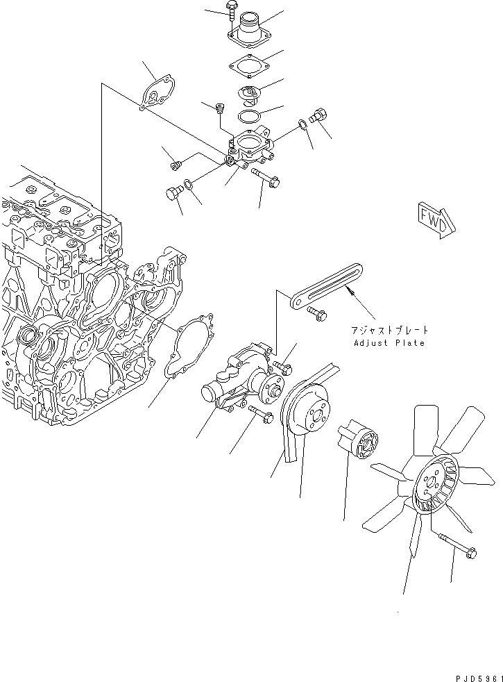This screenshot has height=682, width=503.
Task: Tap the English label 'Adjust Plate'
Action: tap(389, 343)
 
